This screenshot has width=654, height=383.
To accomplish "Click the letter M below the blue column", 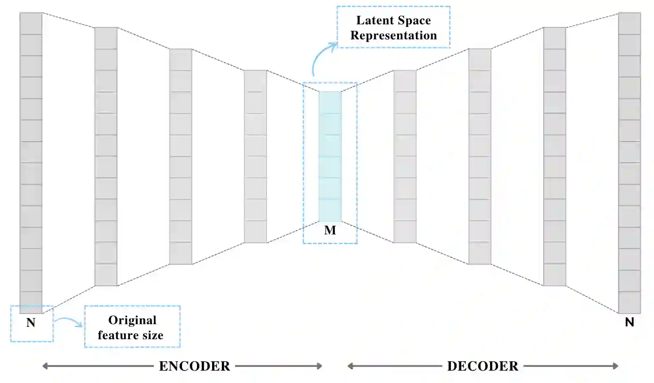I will point(330,230).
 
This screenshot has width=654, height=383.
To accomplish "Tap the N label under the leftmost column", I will point(30,322).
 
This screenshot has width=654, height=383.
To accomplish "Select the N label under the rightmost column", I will point(630,322).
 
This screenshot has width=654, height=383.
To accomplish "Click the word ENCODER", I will point(194,366).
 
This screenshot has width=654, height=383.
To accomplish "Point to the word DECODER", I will point(483,366).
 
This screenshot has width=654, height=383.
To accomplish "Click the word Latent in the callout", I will point(374,20).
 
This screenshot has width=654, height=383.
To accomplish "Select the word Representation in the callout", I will point(393,35).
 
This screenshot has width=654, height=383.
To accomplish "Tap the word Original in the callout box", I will point(132,320).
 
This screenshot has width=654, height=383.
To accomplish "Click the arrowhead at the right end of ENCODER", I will point(319,366).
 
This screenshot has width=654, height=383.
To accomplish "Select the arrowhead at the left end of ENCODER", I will point(45,366).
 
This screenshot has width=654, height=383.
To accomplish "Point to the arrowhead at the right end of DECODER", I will point(615,366).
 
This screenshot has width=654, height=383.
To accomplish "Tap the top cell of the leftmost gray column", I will point(31,23).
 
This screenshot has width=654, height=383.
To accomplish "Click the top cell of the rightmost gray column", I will point(629,23).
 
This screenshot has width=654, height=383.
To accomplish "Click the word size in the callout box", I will point(153,335).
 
